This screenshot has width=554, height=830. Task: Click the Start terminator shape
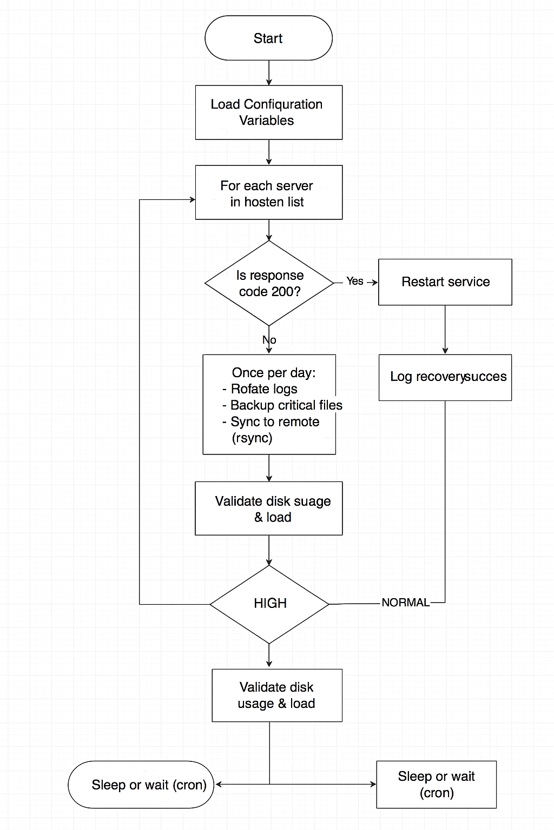[268, 38]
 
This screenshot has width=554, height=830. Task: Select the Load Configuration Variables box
[268, 112]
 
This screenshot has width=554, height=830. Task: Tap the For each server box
[268, 193]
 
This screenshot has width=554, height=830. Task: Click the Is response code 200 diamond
[269, 283]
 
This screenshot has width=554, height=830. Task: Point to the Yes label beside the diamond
[355, 281]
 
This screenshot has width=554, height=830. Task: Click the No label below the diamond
[269, 340]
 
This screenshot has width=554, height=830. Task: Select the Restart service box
[445, 282]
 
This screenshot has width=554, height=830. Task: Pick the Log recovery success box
[445, 377]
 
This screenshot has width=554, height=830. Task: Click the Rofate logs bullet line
[263, 389]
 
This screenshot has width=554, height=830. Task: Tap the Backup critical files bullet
[286, 405]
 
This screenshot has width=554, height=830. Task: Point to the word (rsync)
[252, 438]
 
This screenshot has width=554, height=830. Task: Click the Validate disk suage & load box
[269, 508]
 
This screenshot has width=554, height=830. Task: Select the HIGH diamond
[269, 604]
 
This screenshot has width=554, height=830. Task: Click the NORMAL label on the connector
[405, 603]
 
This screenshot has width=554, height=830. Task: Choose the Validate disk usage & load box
[276, 695]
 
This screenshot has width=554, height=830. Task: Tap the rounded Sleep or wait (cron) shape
[141, 785]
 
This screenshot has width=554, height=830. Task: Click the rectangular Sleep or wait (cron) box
[436, 785]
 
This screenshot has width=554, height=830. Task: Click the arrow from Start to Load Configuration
[269, 72]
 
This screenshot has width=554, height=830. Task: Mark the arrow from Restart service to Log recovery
[445, 330]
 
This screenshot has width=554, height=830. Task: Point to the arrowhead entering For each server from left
[192, 199]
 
